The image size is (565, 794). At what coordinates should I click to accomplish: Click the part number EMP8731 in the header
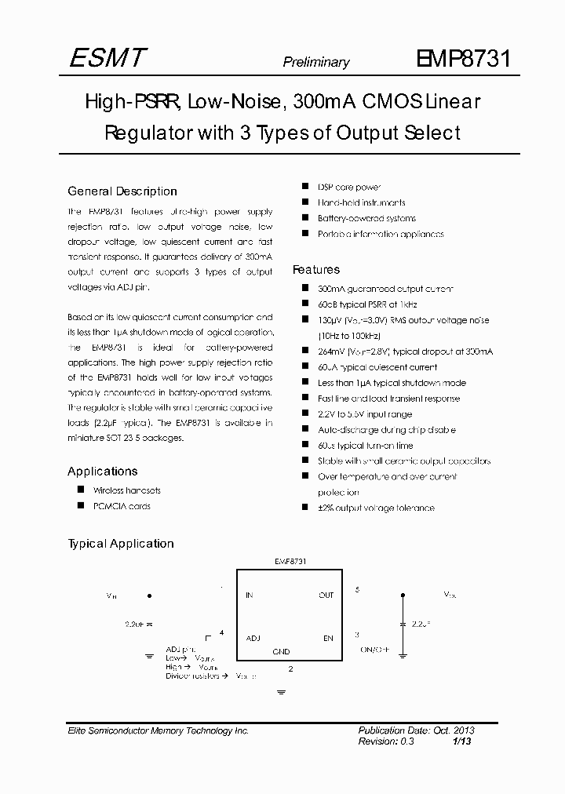(x=465, y=59)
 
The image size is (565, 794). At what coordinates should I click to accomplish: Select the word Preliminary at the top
(x=316, y=63)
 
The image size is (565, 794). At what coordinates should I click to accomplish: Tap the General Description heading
(x=122, y=191)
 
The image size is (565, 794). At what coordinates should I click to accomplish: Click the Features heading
(x=316, y=269)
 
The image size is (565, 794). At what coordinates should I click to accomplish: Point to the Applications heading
(x=102, y=471)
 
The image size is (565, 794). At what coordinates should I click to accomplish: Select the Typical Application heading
(x=121, y=543)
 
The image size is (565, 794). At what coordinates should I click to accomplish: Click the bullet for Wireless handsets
(x=80, y=490)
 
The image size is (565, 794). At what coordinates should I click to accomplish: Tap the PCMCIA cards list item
(x=121, y=506)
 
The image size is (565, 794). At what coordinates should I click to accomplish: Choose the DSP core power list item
(x=348, y=187)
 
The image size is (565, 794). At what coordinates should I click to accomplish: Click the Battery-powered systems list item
(x=366, y=218)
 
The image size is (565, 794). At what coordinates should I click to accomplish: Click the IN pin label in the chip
(x=250, y=595)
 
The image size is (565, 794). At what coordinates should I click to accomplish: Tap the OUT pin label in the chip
(x=326, y=595)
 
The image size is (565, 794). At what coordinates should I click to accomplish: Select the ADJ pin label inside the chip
(x=253, y=638)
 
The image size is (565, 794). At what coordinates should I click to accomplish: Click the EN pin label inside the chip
(x=328, y=638)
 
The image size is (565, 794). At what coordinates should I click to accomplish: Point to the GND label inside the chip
(x=281, y=651)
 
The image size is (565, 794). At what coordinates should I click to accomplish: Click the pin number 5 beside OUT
(x=357, y=588)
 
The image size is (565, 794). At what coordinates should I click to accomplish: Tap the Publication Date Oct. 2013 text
(x=416, y=730)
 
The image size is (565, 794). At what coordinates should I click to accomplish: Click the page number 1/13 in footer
(x=464, y=741)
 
